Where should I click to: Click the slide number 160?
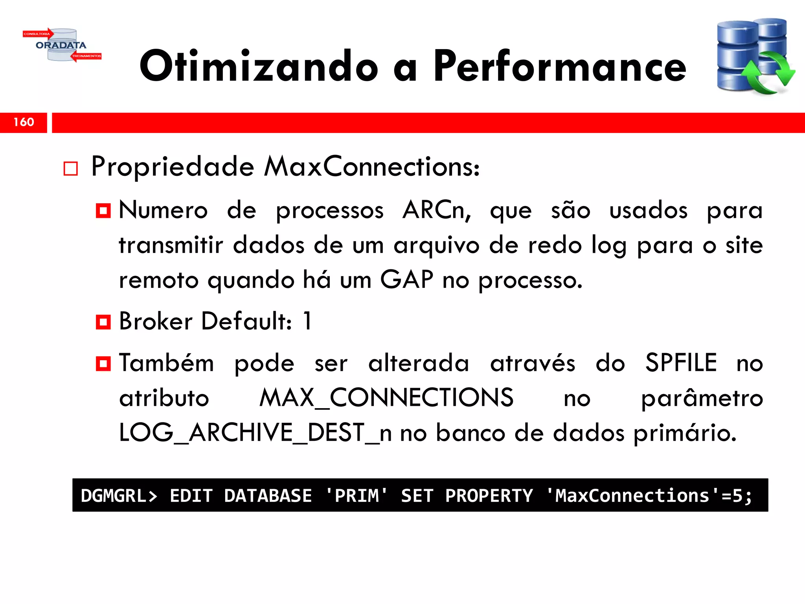[x=24, y=122]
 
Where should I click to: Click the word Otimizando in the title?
[x=259, y=67]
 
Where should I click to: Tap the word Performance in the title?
[x=560, y=67]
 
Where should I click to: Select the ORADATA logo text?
[x=61, y=45]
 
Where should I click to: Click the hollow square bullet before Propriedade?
[x=71, y=169]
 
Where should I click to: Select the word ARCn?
[x=436, y=210]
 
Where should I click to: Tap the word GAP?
[x=406, y=280]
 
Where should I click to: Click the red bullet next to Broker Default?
[x=103, y=322]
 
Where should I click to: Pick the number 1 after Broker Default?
[x=307, y=321]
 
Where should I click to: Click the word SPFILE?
[x=681, y=363]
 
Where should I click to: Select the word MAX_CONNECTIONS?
[x=386, y=398]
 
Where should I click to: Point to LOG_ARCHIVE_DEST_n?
[x=255, y=433]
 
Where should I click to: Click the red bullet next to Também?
[x=103, y=364]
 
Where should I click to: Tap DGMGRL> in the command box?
[x=119, y=495]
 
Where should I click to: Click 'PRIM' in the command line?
[x=357, y=495]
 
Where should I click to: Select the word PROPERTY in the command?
[x=489, y=495]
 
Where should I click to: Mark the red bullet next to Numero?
[x=103, y=211]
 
